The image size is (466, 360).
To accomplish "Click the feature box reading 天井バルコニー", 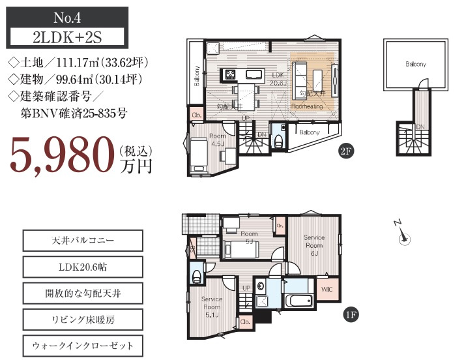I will click(x=82, y=241).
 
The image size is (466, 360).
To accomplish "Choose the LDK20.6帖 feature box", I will click(x=82, y=267).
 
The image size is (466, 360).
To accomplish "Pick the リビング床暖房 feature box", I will click(x=82, y=320).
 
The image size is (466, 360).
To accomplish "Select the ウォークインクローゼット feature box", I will click(x=82, y=346).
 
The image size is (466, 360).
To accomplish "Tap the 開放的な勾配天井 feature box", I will click(x=82, y=293).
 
